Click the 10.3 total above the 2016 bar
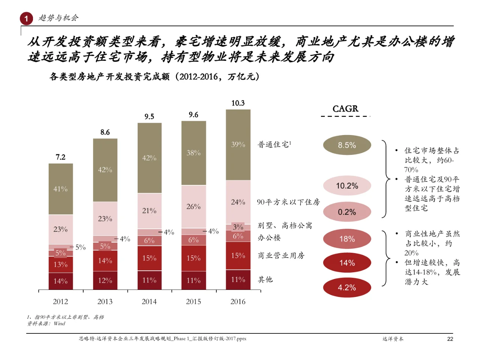point(238,103)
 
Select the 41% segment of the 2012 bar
point(60,189)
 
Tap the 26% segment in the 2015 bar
point(193,207)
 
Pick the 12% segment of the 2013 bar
point(105,280)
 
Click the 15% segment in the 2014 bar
point(149,258)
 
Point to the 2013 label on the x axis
point(105,301)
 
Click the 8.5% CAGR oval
point(347,145)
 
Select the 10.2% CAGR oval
point(347,186)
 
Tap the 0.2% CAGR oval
point(347,212)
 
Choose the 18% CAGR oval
point(347,239)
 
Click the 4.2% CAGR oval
point(347,288)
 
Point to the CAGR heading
point(345,109)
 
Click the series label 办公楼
point(269,238)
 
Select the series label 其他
point(265,279)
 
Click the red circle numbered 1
point(26,18)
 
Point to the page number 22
point(450,339)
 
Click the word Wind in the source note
point(59,324)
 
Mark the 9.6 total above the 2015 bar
point(193,115)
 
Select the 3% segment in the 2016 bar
point(238,227)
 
